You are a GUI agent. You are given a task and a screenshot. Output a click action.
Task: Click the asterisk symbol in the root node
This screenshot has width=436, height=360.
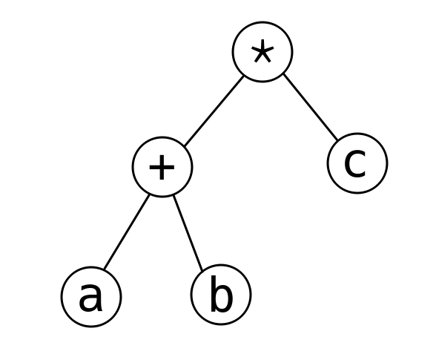(x=262, y=51)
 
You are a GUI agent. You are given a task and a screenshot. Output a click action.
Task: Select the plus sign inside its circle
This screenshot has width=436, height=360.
(x=162, y=167)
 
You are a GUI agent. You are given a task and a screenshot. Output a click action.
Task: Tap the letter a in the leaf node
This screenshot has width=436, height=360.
(x=91, y=297)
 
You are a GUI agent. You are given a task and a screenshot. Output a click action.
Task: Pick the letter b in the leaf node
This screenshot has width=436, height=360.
(x=221, y=293)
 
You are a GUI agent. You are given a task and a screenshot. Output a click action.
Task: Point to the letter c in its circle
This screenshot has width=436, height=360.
(x=355, y=163)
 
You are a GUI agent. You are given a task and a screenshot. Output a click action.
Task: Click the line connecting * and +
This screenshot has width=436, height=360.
(x=214, y=111)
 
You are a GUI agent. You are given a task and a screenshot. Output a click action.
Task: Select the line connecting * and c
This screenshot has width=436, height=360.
(x=311, y=107)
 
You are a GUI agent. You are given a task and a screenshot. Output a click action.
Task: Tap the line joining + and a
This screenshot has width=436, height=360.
(x=127, y=232)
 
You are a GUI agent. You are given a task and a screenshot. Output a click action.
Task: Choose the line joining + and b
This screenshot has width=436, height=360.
(x=188, y=233)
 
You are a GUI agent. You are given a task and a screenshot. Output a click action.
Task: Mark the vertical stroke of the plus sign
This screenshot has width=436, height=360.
(x=162, y=167)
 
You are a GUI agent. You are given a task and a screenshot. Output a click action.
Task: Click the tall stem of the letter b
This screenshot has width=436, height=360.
(x=213, y=293)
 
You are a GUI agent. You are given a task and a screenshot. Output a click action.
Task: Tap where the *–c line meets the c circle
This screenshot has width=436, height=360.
(x=338, y=140)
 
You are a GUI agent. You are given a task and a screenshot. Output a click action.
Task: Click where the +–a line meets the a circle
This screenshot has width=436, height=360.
(x=104, y=269)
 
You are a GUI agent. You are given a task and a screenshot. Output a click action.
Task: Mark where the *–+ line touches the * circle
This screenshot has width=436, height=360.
(x=243, y=76)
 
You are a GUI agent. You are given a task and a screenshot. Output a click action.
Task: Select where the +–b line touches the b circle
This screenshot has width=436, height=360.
(x=202, y=271)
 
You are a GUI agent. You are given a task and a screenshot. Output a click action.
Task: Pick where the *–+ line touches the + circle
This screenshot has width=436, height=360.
(x=185, y=145)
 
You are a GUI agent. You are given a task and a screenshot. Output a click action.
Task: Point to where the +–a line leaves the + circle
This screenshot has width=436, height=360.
(x=150, y=194)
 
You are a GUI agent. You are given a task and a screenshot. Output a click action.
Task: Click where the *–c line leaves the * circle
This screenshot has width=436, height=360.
(x=283, y=74)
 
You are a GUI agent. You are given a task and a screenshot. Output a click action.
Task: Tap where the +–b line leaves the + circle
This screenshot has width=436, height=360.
(x=174, y=196)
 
